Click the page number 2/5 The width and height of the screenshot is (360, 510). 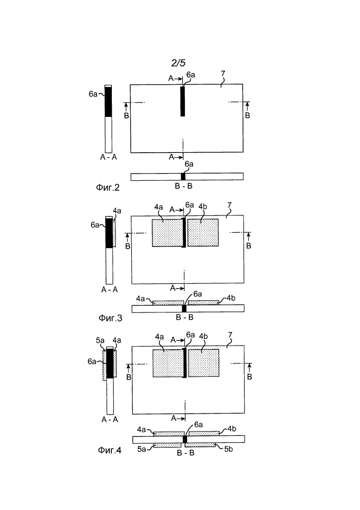(x=178, y=63)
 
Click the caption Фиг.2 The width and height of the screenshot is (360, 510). (x=108, y=187)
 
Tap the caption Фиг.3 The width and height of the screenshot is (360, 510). (x=110, y=318)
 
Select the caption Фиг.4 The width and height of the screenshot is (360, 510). (x=110, y=450)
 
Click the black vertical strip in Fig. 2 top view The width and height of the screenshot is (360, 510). (x=183, y=101)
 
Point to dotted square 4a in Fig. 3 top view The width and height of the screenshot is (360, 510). (x=167, y=233)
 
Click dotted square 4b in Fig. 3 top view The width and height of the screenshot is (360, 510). (x=203, y=232)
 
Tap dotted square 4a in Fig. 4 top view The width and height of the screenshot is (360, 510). (x=168, y=363)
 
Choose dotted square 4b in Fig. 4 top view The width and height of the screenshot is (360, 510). (x=204, y=363)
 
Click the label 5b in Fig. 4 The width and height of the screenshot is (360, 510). (x=229, y=449)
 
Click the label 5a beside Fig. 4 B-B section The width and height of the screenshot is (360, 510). (x=141, y=449)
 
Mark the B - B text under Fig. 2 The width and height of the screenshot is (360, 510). (x=184, y=186)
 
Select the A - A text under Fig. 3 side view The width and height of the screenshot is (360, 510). (x=110, y=289)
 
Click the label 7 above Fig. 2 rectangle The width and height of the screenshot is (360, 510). (x=223, y=74)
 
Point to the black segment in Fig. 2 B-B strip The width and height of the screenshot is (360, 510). (x=183, y=177)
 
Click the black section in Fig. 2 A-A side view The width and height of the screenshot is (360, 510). (x=108, y=102)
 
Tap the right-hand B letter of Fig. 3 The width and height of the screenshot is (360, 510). (x=249, y=246)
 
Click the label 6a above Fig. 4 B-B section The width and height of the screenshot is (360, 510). (x=198, y=424)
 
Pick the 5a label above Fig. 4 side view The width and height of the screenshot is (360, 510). (x=100, y=340)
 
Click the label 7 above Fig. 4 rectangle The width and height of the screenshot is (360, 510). (x=230, y=335)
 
